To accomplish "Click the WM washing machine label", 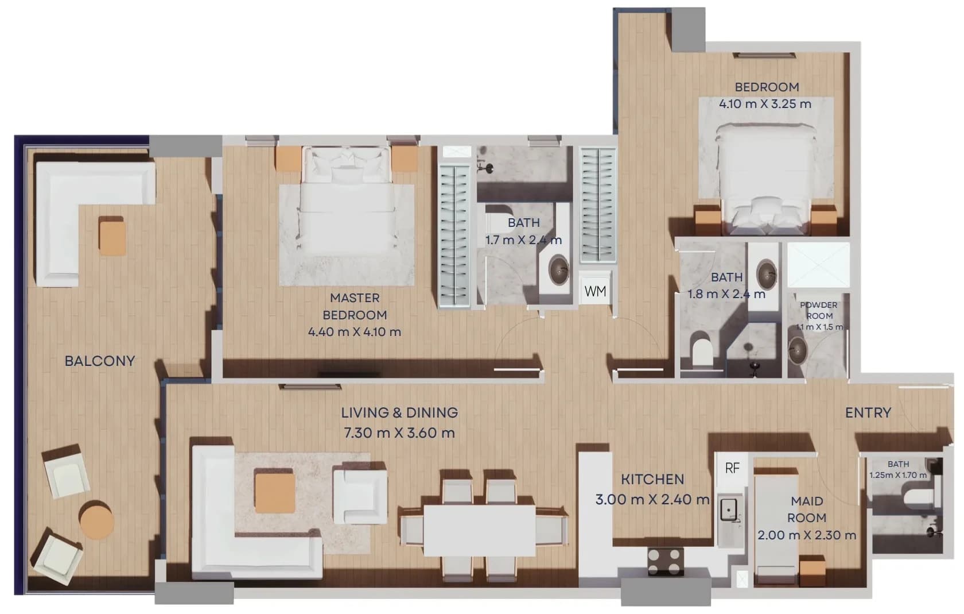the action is [x=595, y=292].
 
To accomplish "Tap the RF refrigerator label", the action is [x=732, y=468].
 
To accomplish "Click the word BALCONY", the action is [x=100, y=361].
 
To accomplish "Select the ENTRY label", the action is [x=868, y=413].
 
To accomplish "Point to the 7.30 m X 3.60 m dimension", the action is [x=399, y=432].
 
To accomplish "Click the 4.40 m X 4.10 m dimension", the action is [x=355, y=332].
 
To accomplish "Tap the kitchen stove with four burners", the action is [x=666, y=561].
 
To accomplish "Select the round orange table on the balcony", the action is [x=96, y=520].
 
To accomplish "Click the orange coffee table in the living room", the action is [x=275, y=493].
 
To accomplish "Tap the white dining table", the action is [x=480, y=530].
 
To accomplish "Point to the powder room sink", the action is [x=798, y=350].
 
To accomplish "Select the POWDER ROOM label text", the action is [x=819, y=310].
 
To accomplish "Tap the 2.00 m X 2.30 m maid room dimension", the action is [x=807, y=535].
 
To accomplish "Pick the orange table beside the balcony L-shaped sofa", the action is [x=112, y=235].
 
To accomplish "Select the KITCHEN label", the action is [x=652, y=480].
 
